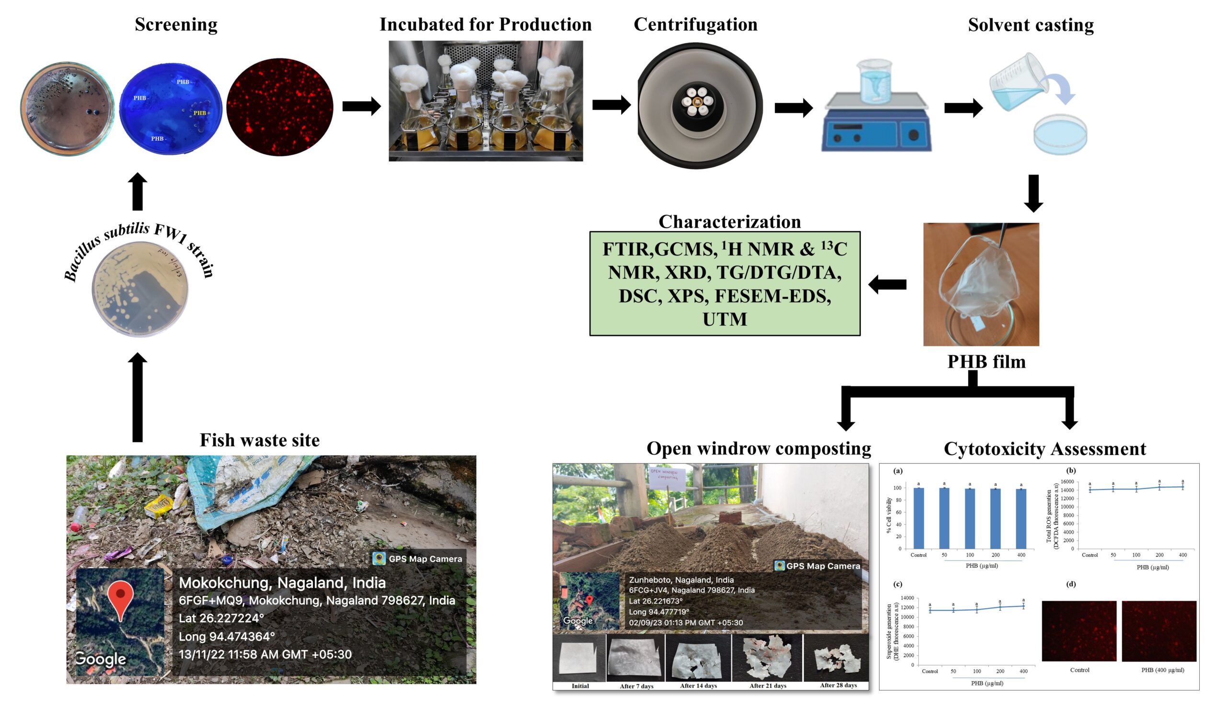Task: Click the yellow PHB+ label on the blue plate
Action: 202,113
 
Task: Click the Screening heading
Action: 175,24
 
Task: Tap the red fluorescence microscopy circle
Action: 280,107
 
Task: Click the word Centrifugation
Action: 695,24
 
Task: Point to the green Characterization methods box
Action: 724,284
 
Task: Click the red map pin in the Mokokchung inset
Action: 120,598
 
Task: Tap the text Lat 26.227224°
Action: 221,618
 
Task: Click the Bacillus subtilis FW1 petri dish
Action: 140,289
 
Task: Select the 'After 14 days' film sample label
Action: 698,685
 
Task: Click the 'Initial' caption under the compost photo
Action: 580,685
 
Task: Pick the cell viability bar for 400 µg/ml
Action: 1021,518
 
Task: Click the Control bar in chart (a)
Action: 918,518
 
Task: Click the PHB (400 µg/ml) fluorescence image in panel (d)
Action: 1158,631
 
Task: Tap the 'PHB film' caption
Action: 986,362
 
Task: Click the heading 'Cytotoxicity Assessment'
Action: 1044,448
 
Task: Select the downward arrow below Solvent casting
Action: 1033,193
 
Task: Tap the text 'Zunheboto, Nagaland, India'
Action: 681,580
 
